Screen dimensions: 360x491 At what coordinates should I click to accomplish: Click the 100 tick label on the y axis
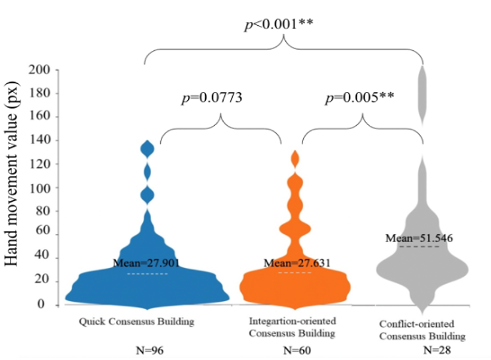(40, 187)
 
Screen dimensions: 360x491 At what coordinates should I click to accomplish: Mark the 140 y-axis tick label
(40, 140)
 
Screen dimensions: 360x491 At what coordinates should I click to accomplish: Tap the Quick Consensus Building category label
(136, 322)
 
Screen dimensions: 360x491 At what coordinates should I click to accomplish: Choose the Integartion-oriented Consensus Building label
(292, 327)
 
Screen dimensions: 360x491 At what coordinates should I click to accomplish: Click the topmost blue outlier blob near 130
(148, 149)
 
